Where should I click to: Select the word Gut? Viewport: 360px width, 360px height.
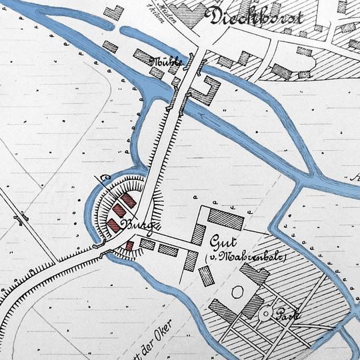223,241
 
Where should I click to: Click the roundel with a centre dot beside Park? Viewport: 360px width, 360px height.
267,312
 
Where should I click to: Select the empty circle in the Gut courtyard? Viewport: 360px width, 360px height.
235,291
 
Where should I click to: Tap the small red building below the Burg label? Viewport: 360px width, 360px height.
130,246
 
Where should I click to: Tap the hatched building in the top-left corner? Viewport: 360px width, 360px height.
115,13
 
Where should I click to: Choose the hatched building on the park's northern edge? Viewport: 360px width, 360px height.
253,273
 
